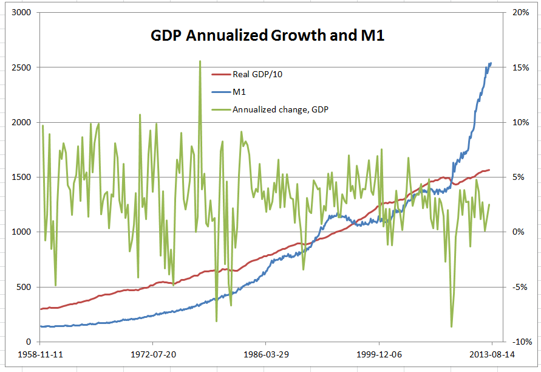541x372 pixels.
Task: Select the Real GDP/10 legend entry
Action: coord(257,75)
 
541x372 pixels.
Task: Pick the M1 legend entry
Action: coord(239,92)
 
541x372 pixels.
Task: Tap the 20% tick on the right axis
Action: coord(520,12)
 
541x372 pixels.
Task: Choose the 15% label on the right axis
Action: coord(520,67)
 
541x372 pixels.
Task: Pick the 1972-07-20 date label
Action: coord(154,354)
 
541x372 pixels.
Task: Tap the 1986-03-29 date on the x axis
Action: coord(267,354)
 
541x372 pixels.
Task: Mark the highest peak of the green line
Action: coord(200,61)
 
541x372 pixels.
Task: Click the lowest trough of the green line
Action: coord(451,327)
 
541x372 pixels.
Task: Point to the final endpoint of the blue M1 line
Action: coord(491,63)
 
